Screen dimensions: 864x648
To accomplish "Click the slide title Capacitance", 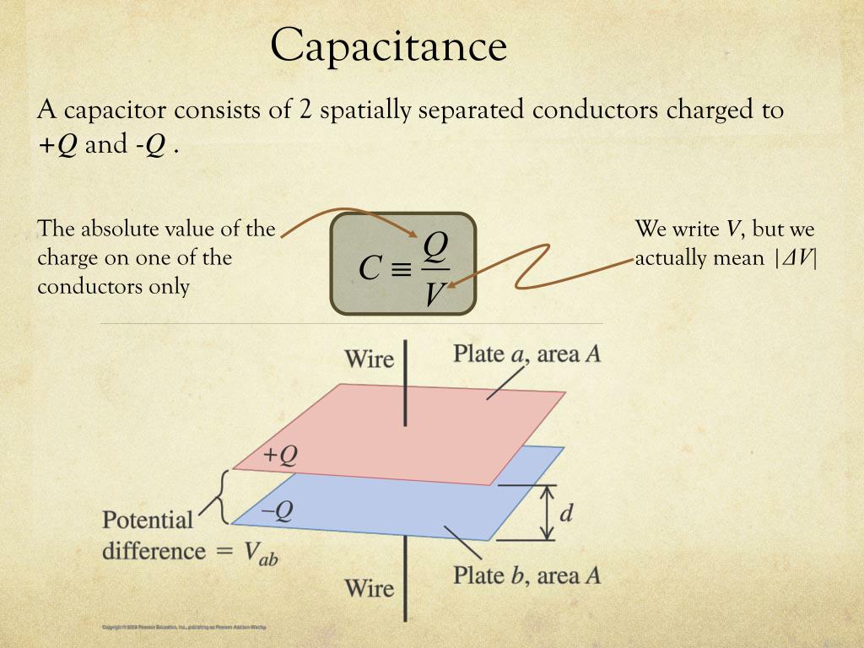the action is point(388,46).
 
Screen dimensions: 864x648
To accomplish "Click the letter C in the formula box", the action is point(370,268).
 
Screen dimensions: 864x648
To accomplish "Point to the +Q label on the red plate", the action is point(280,456).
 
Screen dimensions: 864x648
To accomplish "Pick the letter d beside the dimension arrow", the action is point(566,512).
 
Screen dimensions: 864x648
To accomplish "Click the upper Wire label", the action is point(369,359).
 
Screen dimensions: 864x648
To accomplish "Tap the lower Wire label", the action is point(369,587).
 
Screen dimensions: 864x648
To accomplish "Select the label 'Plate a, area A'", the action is point(527,353).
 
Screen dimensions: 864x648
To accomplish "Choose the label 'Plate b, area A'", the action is point(527,576).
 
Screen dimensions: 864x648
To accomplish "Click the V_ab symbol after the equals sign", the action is point(261,553).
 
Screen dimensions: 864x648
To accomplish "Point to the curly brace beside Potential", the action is point(220,498).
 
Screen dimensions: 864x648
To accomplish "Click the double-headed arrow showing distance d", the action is point(547,512).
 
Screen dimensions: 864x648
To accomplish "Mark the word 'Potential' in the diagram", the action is point(148,520).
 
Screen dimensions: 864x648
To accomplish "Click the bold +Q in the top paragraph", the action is point(57,145).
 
